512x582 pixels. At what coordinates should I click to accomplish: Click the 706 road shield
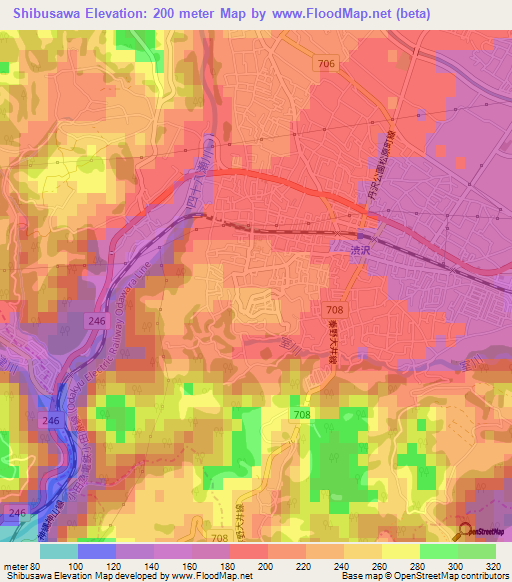[x=330, y=64]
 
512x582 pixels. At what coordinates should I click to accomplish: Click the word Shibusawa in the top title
[x=49, y=13]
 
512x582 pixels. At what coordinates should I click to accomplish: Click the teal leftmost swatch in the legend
[x=59, y=551]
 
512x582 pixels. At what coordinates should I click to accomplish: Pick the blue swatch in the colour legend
[x=97, y=551]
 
